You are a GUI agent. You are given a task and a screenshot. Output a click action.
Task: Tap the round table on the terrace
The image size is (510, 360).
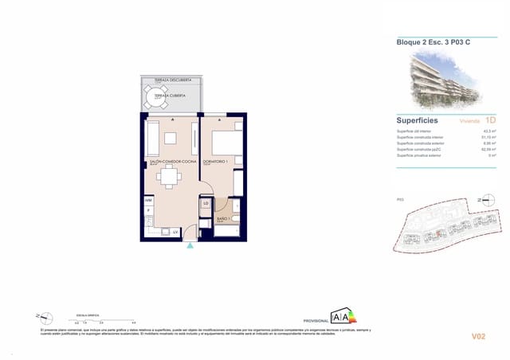pos(153,98)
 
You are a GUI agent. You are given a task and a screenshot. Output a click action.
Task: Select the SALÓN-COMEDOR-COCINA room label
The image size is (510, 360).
pos(172,162)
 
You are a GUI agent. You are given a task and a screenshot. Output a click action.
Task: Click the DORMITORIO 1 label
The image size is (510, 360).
pos(216,162)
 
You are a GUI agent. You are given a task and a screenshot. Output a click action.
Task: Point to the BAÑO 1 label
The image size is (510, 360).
pos(223,218)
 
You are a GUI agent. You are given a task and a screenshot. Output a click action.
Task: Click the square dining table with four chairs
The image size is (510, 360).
pos(168,178)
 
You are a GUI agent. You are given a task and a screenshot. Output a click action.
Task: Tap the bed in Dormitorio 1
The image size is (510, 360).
pos(227,141)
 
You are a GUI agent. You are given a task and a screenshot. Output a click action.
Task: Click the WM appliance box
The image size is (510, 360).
pos(148,200)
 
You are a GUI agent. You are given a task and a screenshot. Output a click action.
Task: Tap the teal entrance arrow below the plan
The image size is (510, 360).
pos(190,246)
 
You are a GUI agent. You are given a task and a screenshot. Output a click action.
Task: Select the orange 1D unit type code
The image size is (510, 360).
pos(490,120)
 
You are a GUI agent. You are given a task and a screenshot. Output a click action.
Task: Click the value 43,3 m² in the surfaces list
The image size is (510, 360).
pos(489,131)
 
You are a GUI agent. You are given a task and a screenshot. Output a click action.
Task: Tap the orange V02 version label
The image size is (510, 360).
pos(478,337)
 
